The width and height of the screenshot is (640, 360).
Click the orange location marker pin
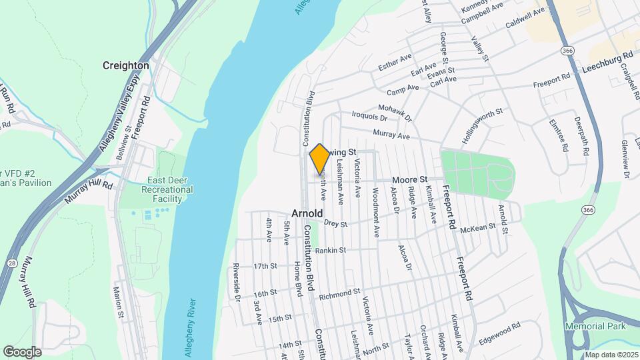click(320, 159)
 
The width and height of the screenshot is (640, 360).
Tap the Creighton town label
click(125, 65)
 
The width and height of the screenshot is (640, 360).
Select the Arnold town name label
click(307, 213)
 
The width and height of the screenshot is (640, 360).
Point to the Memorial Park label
click(595, 326)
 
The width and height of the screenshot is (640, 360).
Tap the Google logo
click(22, 351)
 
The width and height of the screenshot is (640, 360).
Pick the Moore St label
click(409, 180)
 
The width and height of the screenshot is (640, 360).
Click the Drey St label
click(335, 224)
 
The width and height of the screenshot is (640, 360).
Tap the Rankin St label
click(331, 251)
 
